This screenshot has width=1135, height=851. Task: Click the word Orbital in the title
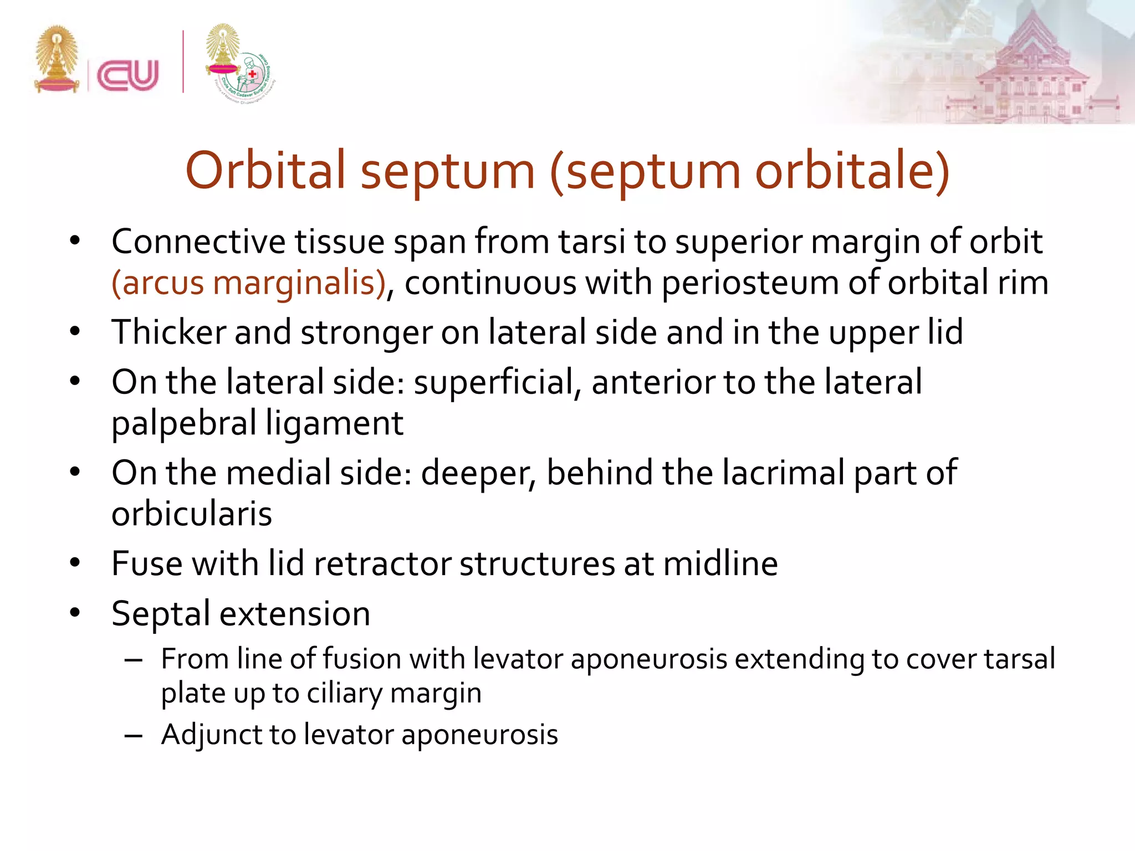(x=265, y=170)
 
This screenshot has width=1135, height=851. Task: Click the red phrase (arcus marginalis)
(x=248, y=283)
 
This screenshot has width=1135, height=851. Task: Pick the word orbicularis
(x=192, y=514)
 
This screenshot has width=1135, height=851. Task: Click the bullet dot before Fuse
(x=75, y=563)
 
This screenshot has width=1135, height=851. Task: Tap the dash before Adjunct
(x=134, y=736)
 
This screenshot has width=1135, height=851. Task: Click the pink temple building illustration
(x=1031, y=72)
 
